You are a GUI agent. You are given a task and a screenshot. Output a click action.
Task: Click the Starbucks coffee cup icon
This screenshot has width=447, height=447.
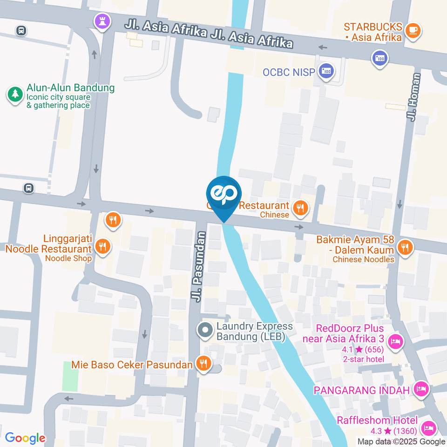[x=412, y=31]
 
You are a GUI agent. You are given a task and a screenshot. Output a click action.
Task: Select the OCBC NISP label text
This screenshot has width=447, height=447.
[x=289, y=72]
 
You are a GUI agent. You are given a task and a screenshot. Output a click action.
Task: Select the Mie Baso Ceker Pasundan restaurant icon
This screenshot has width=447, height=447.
[x=203, y=364]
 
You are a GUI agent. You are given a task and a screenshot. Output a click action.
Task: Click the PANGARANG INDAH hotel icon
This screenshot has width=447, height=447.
[x=421, y=389]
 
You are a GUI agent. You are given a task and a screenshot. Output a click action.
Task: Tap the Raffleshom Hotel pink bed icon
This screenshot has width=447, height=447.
[x=427, y=427]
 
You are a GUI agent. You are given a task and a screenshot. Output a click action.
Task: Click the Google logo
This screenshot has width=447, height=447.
[x=25, y=438]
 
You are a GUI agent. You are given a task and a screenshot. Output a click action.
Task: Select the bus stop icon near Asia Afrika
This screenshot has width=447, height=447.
[x=21, y=31]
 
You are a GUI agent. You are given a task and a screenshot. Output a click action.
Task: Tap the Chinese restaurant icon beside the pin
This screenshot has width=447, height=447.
[x=301, y=208]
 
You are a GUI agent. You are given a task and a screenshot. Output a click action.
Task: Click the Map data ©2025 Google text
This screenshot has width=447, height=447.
[x=401, y=441]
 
